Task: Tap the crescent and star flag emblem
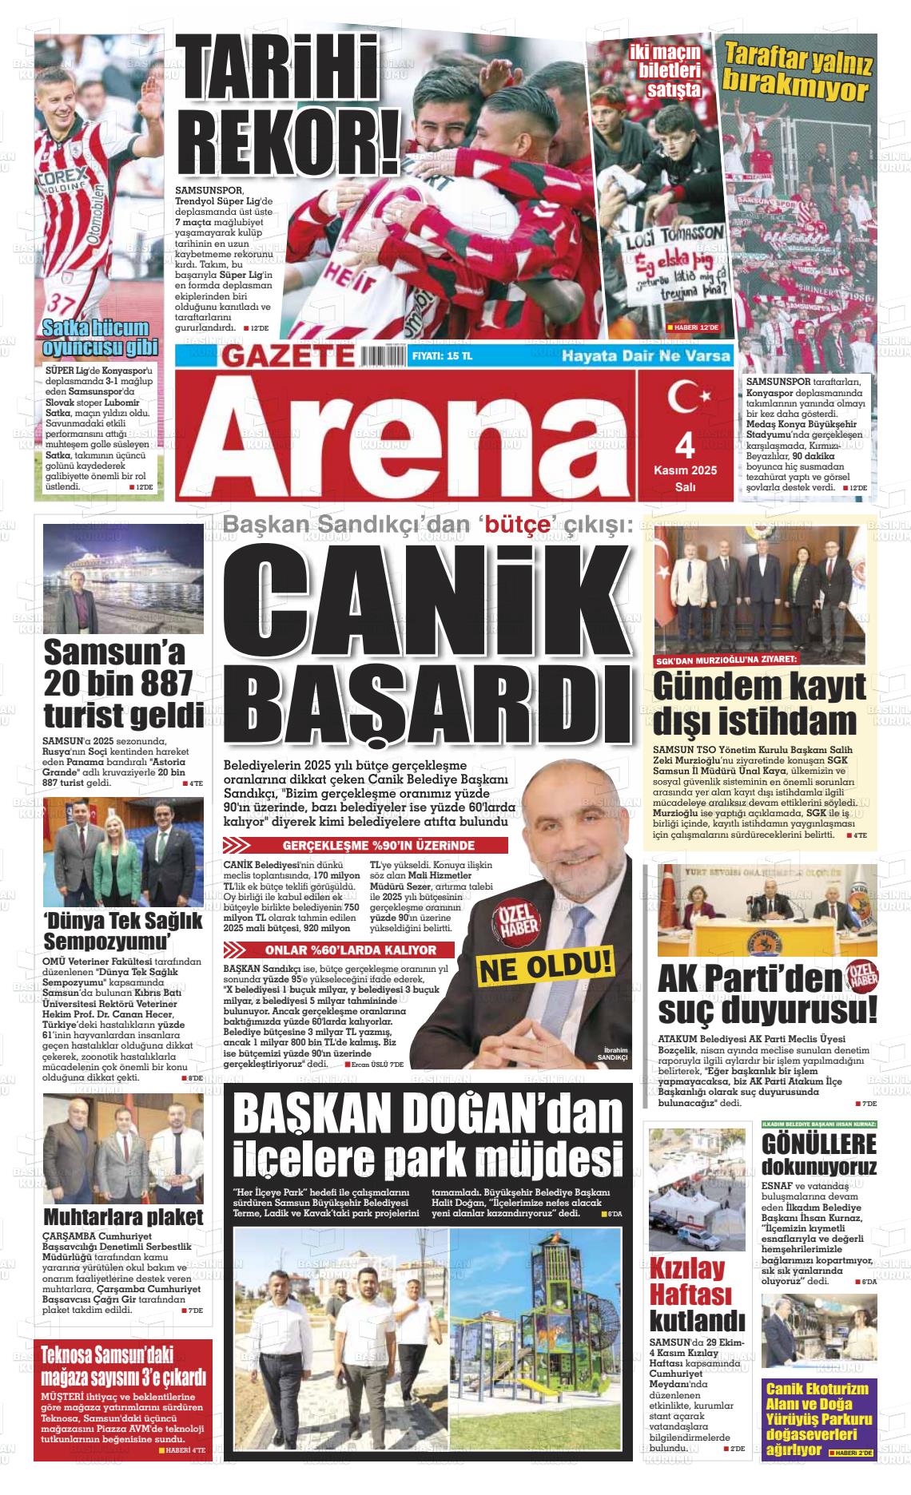click(x=686, y=396)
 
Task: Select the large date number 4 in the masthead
click(x=686, y=442)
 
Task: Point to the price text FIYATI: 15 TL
click(x=442, y=356)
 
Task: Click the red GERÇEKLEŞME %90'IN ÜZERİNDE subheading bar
click(x=368, y=845)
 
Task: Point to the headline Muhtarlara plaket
click(x=123, y=1217)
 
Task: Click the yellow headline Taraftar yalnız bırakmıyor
click(x=798, y=73)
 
